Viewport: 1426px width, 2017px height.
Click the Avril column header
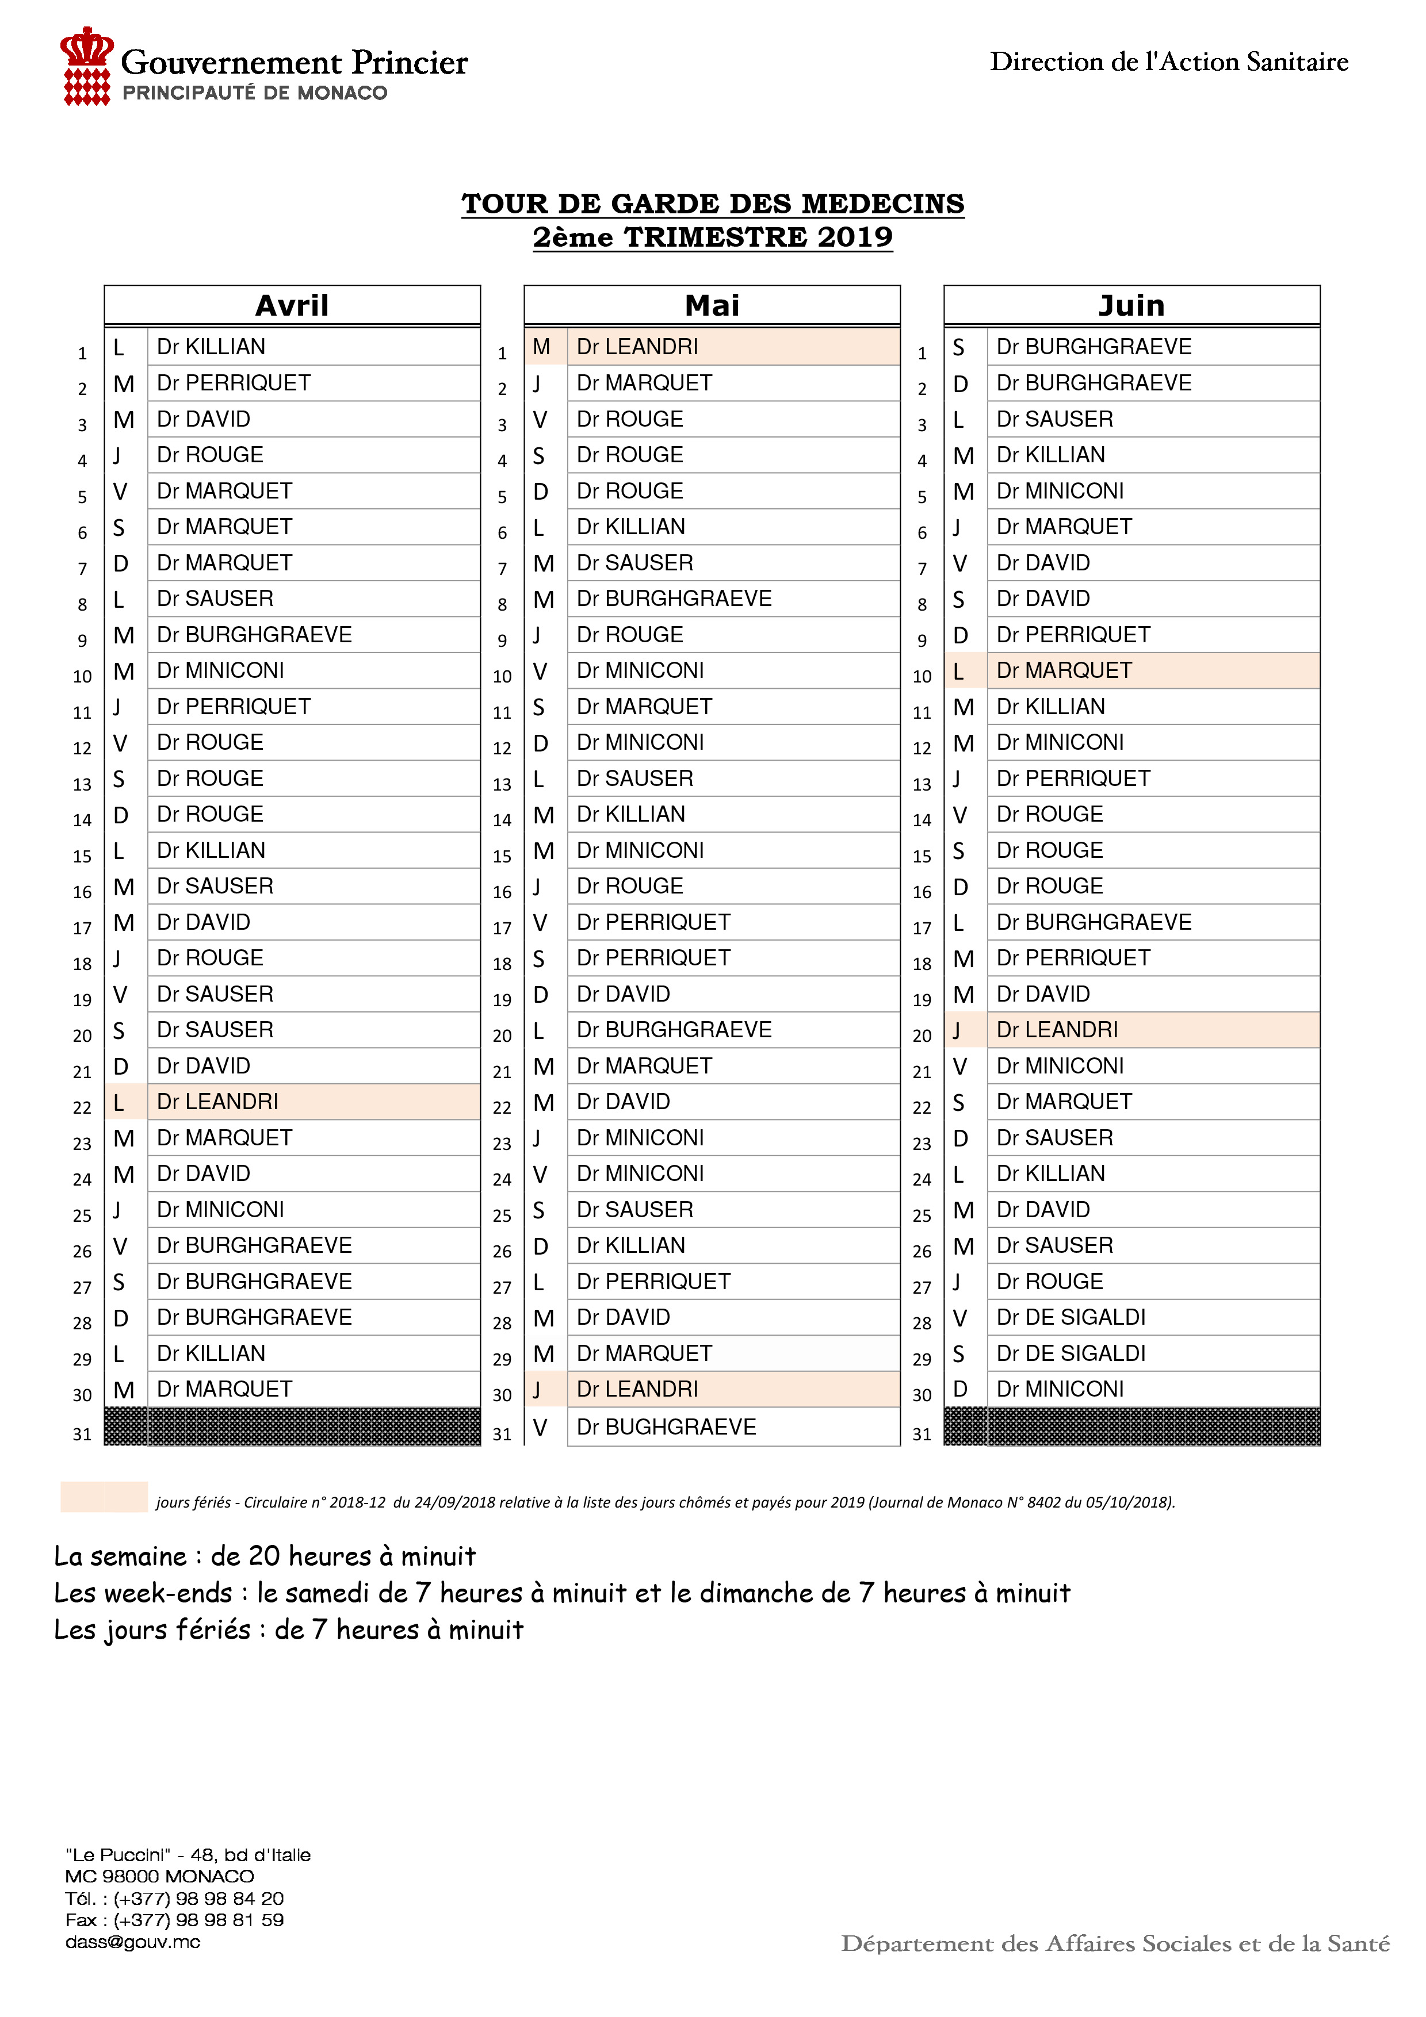tap(292, 306)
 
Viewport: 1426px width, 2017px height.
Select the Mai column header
tap(712, 306)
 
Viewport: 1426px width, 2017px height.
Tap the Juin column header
tap(1131, 306)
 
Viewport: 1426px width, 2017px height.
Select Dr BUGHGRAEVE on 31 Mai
tap(666, 1427)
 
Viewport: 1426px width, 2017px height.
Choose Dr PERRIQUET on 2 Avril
tap(234, 383)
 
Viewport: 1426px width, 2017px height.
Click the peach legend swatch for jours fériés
tap(104, 1497)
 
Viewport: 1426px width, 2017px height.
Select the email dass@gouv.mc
tap(133, 1942)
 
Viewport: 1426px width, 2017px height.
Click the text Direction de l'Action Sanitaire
tap(1168, 62)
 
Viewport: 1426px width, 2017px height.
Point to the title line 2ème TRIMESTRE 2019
tap(713, 237)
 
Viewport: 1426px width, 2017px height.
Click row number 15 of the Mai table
tap(502, 856)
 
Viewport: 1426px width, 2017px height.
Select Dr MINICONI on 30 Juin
tap(1060, 1389)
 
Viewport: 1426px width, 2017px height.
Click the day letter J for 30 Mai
tap(537, 1390)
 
